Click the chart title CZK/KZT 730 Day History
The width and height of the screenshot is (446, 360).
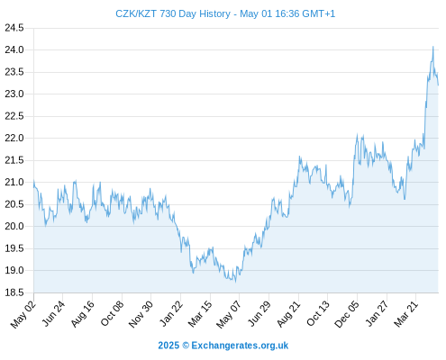pyautogui.click(x=173, y=13)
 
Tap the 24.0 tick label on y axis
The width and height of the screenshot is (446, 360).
pyautogui.click(x=14, y=49)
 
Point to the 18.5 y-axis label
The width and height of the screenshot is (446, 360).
pyautogui.click(x=14, y=292)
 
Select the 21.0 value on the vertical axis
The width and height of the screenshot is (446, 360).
pyautogui.click(x=14, y=182)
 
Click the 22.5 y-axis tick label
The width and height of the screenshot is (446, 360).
pyautogui.click(x=14, y=116)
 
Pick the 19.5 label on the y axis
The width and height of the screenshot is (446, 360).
pyautogui.click(x=14, y=248)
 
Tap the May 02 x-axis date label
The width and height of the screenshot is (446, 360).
pyautogui.click(x=23, y=314)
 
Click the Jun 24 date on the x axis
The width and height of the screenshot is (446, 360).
pyautogui.click(x=53, y=313)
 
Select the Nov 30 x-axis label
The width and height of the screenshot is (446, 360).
pyautogui.click(x=141, y=314)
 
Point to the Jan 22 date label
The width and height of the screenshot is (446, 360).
pyautogui.click(x=171, y=313)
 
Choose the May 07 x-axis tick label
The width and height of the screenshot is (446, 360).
pyautogui.click(x=229, y=315)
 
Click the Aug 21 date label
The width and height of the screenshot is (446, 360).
pyautogui.click(x=288, y=314)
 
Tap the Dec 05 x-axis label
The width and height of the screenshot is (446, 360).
pyautogui.click(x=347, y=314)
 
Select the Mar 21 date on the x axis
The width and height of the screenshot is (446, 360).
pyautogui.click(x=405, y=314)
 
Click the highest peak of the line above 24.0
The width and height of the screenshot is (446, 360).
pyautogui.click(x=433, y=47)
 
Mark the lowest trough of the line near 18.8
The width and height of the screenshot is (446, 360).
pyautogui.click(x=236, y=282)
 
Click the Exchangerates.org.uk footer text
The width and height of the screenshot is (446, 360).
pyautogui.click(x=240, y=346)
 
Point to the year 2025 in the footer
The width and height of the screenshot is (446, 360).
pyautogui.click(x=168, y=346)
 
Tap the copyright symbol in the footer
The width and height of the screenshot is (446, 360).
pyautogui.click(x=186, y=346)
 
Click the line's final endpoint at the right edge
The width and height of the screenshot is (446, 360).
pyautogui.click(x=438, y=85)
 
